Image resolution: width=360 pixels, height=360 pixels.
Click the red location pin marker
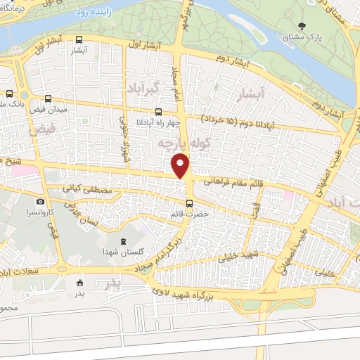tap(181, 166)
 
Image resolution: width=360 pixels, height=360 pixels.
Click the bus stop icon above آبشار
tap(79, 40)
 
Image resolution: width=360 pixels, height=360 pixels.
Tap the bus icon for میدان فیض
tap(48, 99)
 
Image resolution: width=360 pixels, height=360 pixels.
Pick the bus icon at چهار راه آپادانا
tap(159, 111)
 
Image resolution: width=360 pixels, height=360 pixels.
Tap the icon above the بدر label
tap(79, 276)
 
